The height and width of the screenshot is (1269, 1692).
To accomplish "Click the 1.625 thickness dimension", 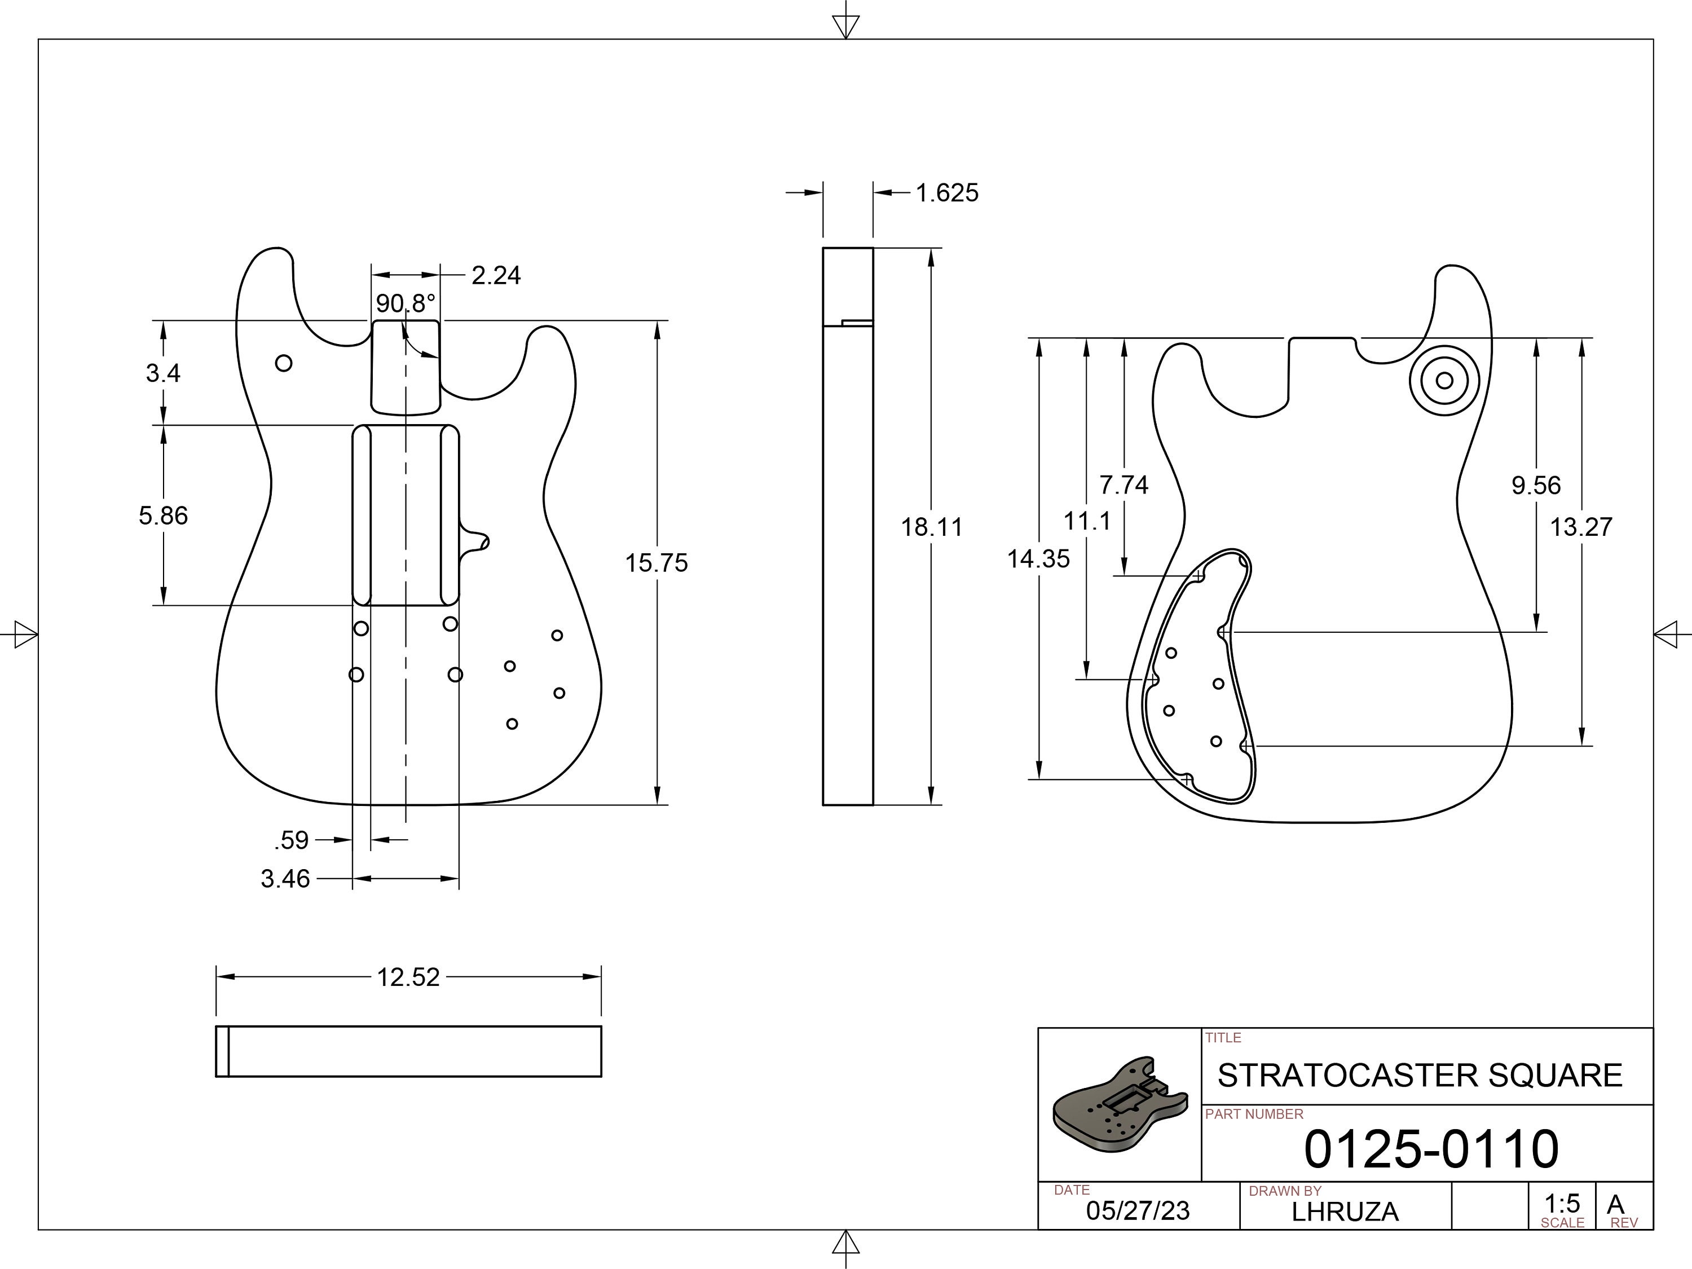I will point(946,193).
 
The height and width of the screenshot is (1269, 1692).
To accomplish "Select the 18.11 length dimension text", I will point(931,527).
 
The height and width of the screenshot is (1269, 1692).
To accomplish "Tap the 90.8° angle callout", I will point(406,303).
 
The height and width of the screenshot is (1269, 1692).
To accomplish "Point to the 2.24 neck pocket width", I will point(496,275).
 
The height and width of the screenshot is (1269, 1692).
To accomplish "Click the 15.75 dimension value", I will point(656,563).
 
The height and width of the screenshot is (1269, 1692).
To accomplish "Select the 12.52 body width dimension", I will point(408,977).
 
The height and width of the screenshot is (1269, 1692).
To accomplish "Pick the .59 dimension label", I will point(292,841).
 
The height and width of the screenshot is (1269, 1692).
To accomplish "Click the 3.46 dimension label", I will point(285,879).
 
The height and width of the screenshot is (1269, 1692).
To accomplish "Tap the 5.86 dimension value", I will point(163,515).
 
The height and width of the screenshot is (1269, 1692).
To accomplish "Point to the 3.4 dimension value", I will point(163,373).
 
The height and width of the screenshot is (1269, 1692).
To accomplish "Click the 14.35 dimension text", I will point(1038,559).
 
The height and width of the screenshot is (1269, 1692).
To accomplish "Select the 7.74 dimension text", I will point(1123,485).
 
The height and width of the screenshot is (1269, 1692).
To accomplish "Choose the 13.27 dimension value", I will point(1581,527).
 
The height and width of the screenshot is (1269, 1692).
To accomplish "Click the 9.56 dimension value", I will point(1536,486).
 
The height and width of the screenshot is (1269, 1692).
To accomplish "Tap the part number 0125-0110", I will point(1430,1149).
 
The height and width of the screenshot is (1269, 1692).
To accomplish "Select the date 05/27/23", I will point(1138,1211).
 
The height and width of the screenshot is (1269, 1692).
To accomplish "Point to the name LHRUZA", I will point(1345,1211).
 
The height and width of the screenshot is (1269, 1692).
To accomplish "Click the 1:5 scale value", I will point(1562,1203).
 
